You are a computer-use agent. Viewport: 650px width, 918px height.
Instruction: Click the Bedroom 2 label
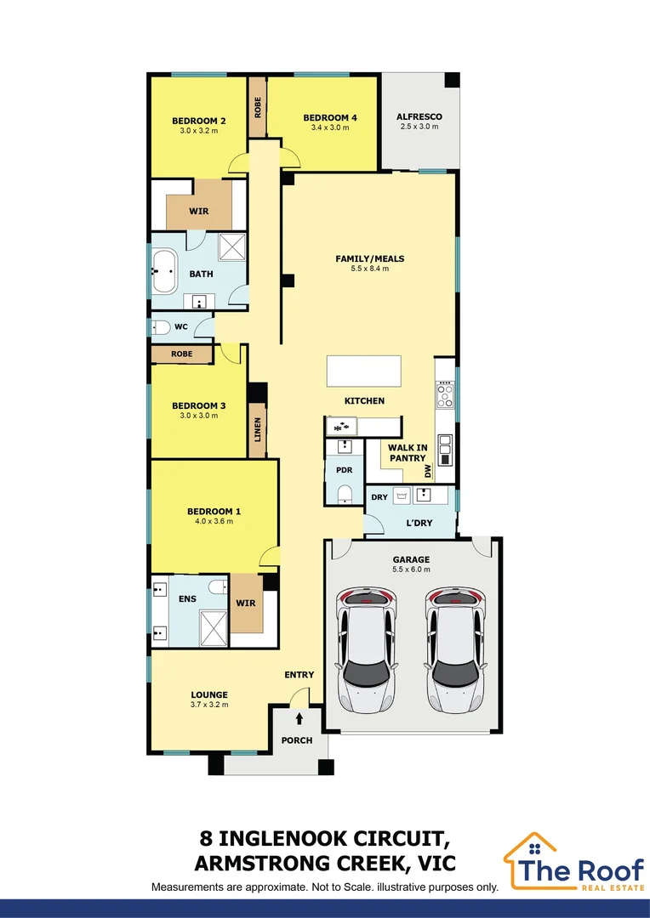coord(198,121)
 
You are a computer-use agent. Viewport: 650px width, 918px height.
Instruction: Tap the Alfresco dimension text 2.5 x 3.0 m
coord(419,127)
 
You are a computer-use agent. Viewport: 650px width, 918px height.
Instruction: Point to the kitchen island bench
coord(363,371)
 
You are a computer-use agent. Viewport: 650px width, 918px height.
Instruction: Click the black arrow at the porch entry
coord(298,719)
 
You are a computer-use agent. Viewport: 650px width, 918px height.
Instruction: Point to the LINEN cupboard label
coord(258,429)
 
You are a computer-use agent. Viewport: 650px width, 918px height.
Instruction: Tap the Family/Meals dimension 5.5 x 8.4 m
coord(369,269)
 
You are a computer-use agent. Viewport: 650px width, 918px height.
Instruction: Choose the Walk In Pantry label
coord(408,452)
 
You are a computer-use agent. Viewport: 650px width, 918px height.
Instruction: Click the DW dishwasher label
coord(429,471)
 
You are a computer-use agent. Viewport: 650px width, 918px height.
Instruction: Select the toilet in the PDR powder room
coord(345,494)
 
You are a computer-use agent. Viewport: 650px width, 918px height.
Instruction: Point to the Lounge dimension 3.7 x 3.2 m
coord(209,704)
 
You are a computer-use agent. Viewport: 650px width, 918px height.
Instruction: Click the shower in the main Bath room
coord(231,246)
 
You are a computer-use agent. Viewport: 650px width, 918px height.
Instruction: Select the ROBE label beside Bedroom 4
coord(257,107)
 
